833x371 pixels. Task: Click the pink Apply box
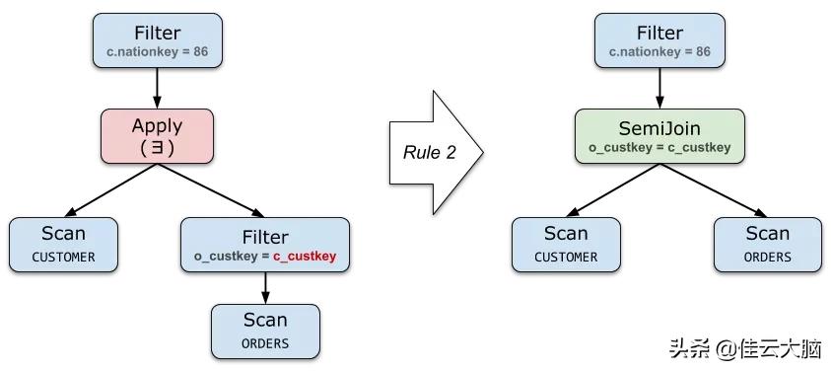coord(157,136)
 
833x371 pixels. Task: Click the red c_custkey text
coord(305,257)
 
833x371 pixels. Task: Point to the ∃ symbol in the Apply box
coord(157,146)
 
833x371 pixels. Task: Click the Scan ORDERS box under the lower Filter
coord(265,331)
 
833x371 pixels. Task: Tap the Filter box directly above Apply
coord(157,41)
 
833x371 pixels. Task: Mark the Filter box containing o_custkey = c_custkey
coord(265,246)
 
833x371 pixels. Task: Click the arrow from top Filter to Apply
coord(157,89)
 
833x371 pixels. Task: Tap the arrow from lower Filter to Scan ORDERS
coord(265,288)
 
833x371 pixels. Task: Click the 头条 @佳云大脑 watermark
coord(746,348)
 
